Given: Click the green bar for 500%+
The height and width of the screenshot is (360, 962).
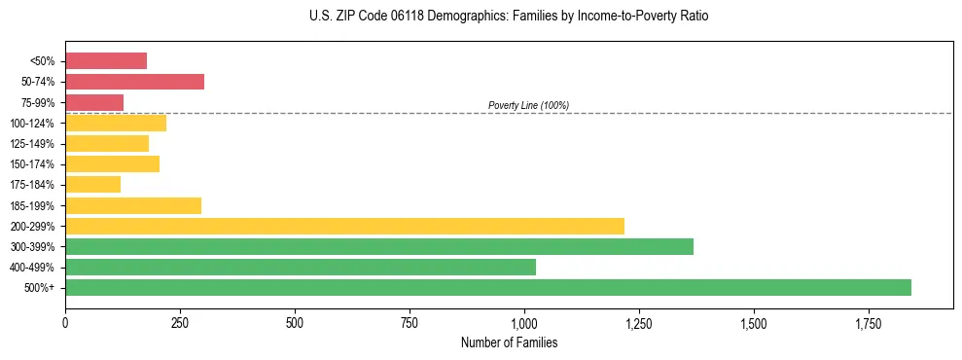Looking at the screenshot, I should click(488, 287).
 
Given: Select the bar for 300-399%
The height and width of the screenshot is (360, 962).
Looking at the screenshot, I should click(379, 246).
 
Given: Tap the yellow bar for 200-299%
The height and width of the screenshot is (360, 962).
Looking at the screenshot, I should click(344, 226).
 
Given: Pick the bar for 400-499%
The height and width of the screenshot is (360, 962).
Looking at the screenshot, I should click(301, 267).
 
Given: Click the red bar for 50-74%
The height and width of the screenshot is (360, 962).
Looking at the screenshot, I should click(134, 82).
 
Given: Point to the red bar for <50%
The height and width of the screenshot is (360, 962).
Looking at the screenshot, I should click(106, 61).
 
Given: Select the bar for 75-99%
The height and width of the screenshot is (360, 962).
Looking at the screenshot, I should click(94, 102).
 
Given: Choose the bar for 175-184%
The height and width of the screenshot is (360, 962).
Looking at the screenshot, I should click(92, 184).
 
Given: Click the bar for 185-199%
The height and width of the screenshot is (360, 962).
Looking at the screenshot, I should click(133, 205).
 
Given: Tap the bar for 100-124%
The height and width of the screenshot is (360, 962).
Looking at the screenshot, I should click(116, 123).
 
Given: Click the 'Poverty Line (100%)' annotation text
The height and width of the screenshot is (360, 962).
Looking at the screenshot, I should click(528, 105).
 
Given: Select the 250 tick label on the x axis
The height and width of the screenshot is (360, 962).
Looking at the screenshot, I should click(180, 323).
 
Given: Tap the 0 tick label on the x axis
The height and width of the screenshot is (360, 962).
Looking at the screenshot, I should click(65, 323).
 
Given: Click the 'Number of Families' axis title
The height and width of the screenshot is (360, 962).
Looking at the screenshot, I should click(509, 342).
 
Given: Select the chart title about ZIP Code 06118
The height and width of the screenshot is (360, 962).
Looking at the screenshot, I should click(509, 17).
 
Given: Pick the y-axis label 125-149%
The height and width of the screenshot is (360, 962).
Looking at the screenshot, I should click(32, 144).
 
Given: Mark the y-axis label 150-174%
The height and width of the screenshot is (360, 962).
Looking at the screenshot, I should click(32, 164).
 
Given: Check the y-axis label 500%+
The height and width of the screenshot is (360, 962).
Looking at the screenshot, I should click(39, 288).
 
